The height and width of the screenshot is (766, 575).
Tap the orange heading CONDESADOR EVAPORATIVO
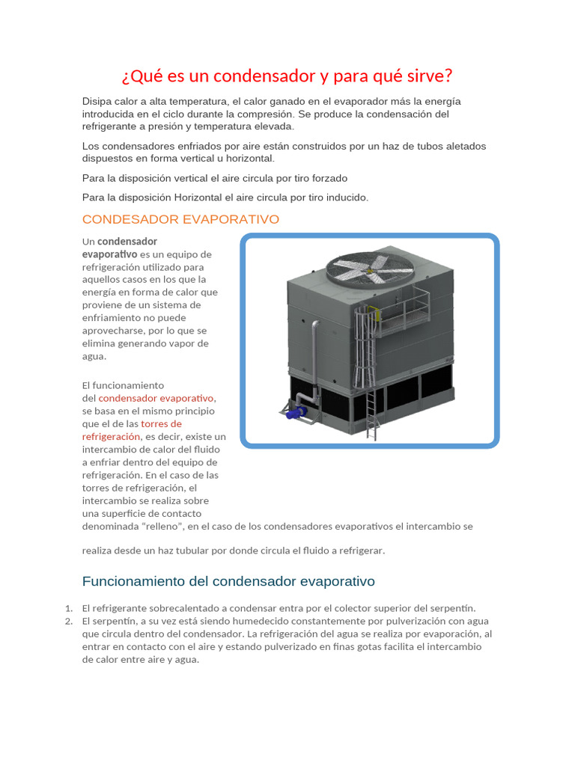pos(180,219)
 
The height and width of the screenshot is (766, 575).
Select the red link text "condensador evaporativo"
pos(156,398)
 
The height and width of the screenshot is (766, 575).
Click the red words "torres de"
pos(161,423)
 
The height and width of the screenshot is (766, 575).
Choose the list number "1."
pos(68,608)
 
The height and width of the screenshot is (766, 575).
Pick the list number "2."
pos(68,621)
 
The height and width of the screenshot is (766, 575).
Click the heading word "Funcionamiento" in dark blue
pos(133,581)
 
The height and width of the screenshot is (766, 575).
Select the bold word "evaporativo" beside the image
pos(109,254)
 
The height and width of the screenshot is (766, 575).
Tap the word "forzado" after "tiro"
pos(329,178)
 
